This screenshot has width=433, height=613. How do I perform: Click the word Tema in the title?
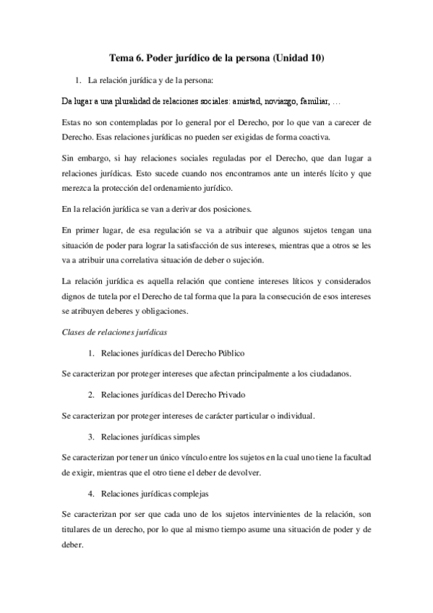click(120, 57)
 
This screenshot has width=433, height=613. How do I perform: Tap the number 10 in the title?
click(316, 57)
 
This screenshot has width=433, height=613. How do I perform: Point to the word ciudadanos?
click(329, 374)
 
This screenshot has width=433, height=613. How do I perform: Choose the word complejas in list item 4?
click(190, 494)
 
